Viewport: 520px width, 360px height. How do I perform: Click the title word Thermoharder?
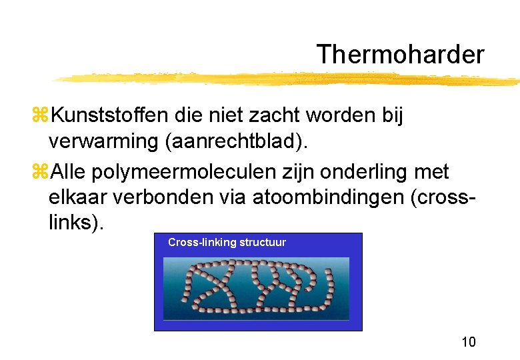click(x=400, y=55)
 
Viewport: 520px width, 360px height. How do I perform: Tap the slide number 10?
click(x=468, y=342)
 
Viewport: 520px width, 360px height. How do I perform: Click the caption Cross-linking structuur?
click(x=227, y=243)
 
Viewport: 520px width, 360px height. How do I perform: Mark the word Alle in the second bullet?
click(x=68, y=172)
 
